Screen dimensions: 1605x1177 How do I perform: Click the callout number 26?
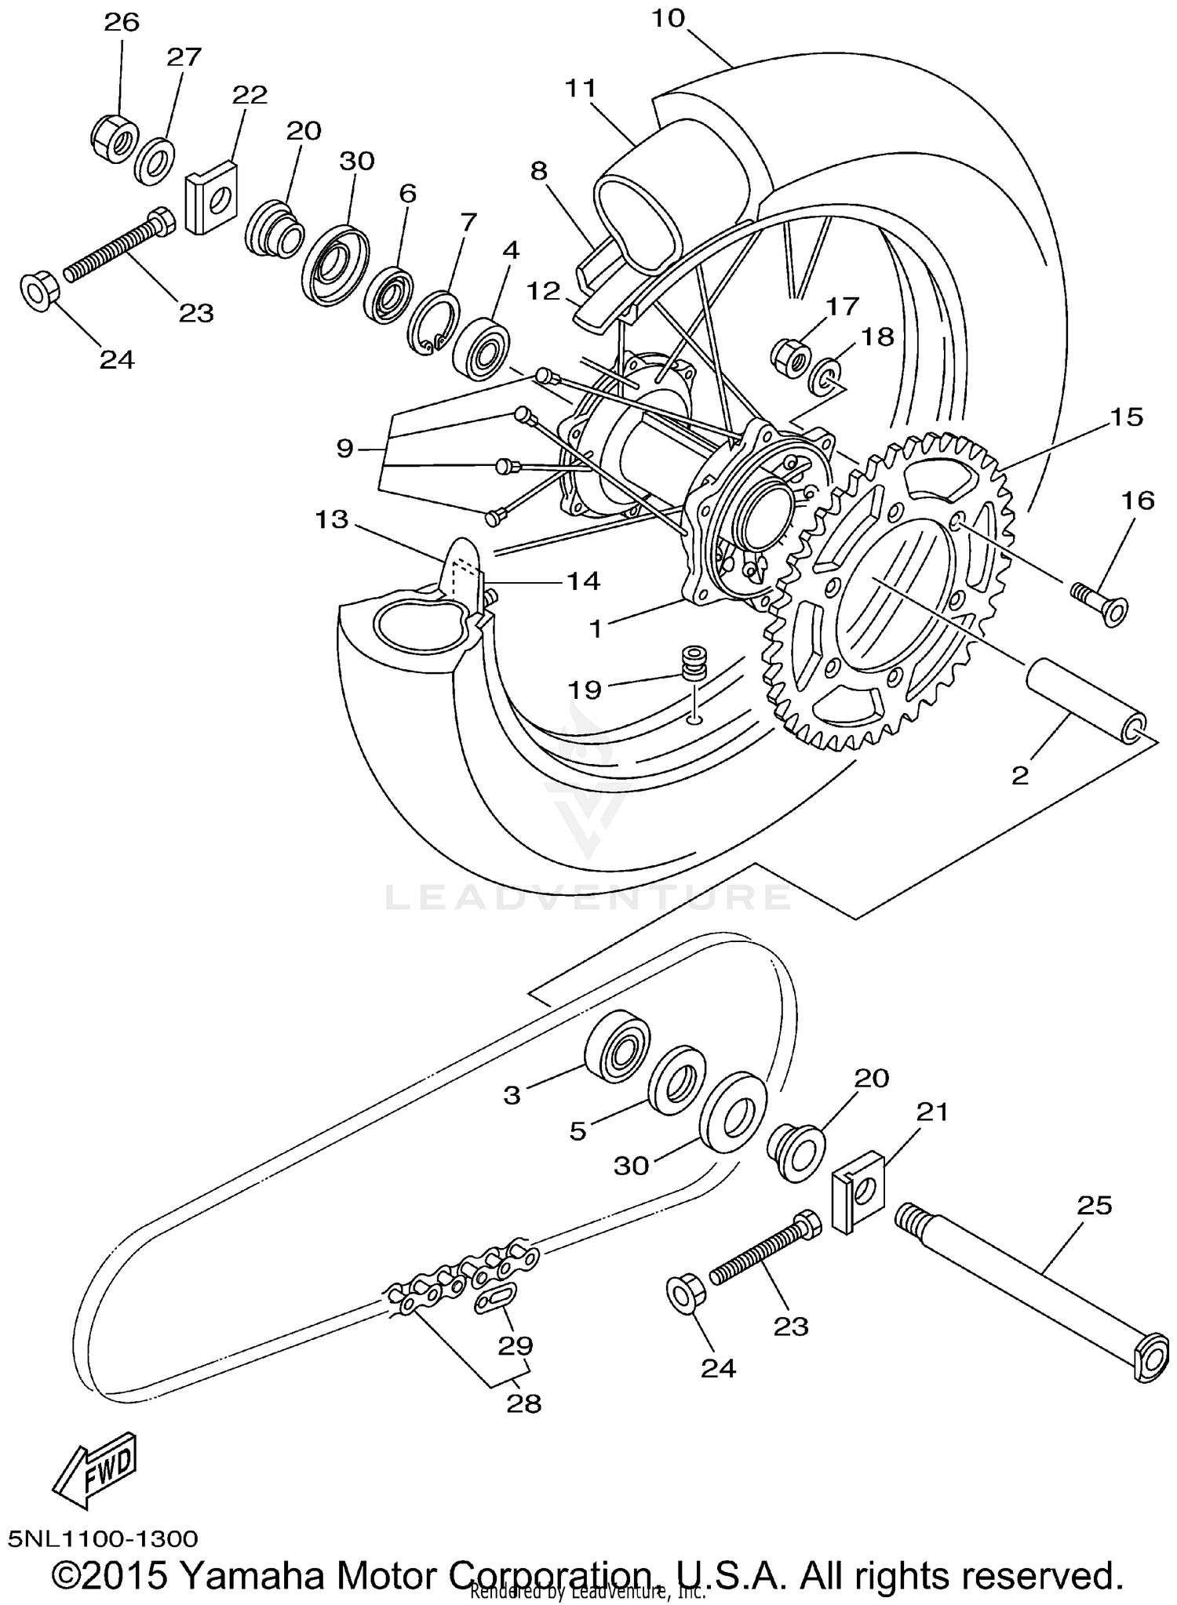pos(122,21)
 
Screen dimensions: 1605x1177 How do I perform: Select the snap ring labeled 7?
pos(432,322)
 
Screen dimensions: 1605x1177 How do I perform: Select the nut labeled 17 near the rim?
pos(791,358)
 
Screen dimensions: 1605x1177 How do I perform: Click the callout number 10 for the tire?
pos(668,17)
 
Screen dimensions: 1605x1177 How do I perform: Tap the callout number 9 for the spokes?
pos(345,449)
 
